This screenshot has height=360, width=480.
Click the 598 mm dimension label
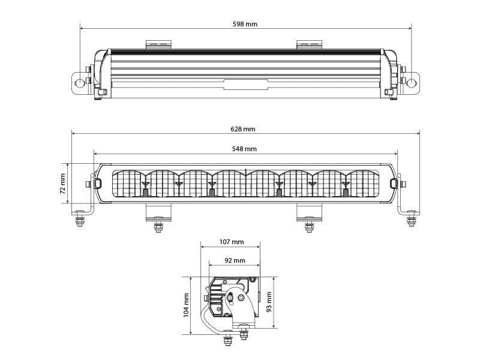click(x=245, y=24)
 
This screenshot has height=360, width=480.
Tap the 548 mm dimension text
click(x=245, y=149)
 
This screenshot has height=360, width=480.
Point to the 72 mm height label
click(x=62, y=184)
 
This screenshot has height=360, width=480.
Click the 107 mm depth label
click(x=232, y=242)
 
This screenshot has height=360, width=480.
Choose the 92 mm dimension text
click(x=235, y=260)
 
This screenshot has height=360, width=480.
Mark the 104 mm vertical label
click(x=186, y=305)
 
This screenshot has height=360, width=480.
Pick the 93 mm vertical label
click(x=269, y=302)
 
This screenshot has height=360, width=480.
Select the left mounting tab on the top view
click(x=158, y=44)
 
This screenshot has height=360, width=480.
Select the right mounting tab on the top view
click(x=309, y=44)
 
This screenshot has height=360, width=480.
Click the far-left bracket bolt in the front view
click(x=79, y=221)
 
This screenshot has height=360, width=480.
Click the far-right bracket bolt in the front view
click(x=412, y=221)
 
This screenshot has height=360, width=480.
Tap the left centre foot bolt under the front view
click(x=158, y=226)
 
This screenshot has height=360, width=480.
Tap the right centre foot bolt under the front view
click(x=309, y=226)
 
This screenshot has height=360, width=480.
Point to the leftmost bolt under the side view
click(x=228, y=339)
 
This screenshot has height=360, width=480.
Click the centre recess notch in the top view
click(x=245, y=85)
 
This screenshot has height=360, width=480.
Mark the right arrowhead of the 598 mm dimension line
click(x=410, y=28)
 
